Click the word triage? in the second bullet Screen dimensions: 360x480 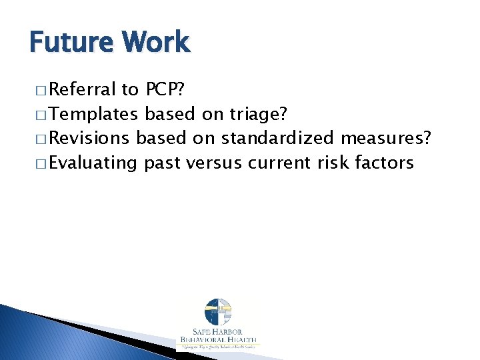(257, 114)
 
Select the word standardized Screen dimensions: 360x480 (278, 138)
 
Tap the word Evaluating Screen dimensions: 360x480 (93, 163)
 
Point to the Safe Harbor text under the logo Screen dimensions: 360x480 (218, 333)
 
